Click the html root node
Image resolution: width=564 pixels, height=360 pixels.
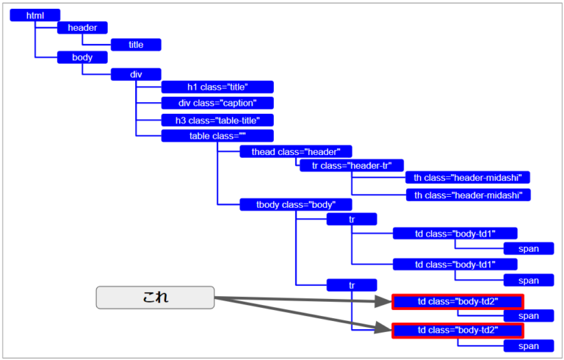point(35,15)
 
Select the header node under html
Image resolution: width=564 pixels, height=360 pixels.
point(82,28)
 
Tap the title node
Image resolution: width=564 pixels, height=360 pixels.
point(136,45)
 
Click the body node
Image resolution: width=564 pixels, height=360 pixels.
point(82,57)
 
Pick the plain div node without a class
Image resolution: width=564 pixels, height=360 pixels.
point(136,74)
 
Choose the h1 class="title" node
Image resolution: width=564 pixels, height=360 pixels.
point(217,87)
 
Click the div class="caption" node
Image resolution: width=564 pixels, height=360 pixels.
point(217,104)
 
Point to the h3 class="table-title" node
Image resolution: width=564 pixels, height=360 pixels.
point(217,120)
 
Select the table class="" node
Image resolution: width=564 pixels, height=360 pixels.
point(217,136)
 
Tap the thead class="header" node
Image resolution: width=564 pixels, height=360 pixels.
point(296,152)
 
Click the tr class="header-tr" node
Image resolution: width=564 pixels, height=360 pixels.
point(352,166)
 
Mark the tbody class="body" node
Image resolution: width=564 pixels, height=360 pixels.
point(296,205)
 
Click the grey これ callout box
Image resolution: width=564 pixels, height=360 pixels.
point(155,297)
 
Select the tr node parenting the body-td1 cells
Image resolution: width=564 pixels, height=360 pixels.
point(352,219)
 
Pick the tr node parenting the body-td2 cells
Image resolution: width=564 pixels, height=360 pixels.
point(352,285)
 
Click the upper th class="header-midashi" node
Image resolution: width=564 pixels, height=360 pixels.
point(468,178)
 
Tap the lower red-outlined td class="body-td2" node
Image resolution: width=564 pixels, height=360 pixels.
point(458,331)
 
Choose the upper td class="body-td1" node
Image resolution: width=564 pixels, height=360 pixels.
point(455,234)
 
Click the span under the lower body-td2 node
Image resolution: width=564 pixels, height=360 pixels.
point(529,346)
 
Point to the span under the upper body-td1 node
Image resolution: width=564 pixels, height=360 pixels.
point(529,248)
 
